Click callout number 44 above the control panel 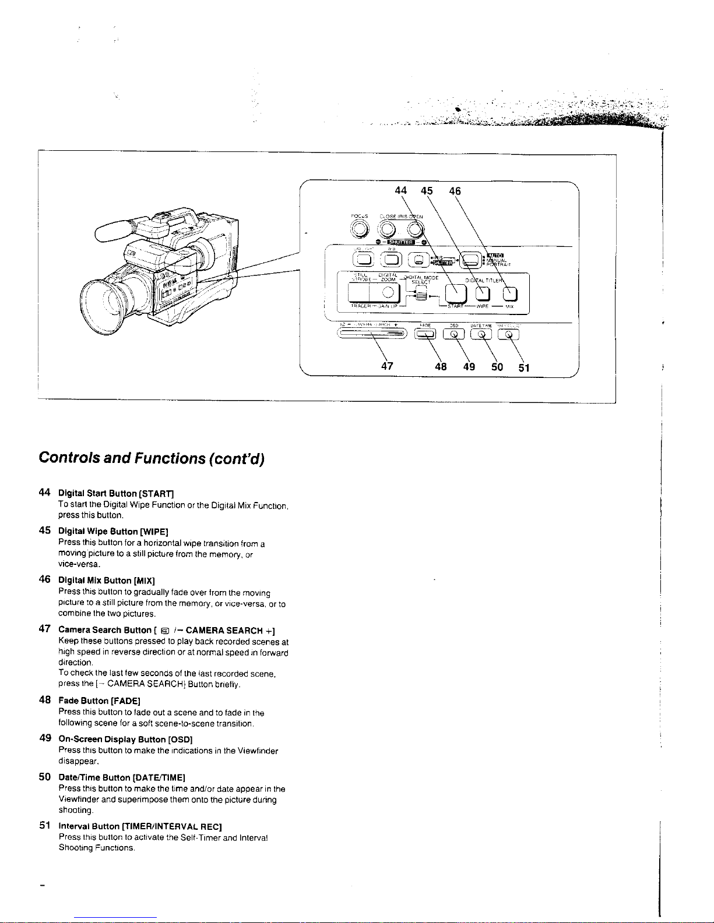pyautogui.click(x=400, y=190)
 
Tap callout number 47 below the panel pyautogui.click(x=387, y=366)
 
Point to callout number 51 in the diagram pyautogui.click(x=524, y=367)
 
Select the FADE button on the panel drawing pyautogui.click(x=425, y=334)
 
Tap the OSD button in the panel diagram pyautogui.click(x=453, y=334)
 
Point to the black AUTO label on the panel pyautogui.click(x=495, y=254)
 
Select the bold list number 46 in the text pyautogui.click(x=44, y=579)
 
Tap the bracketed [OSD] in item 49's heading pyautogui.click(x=177, y=739)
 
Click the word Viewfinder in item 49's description pyautogui.click(x=258, y=751)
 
